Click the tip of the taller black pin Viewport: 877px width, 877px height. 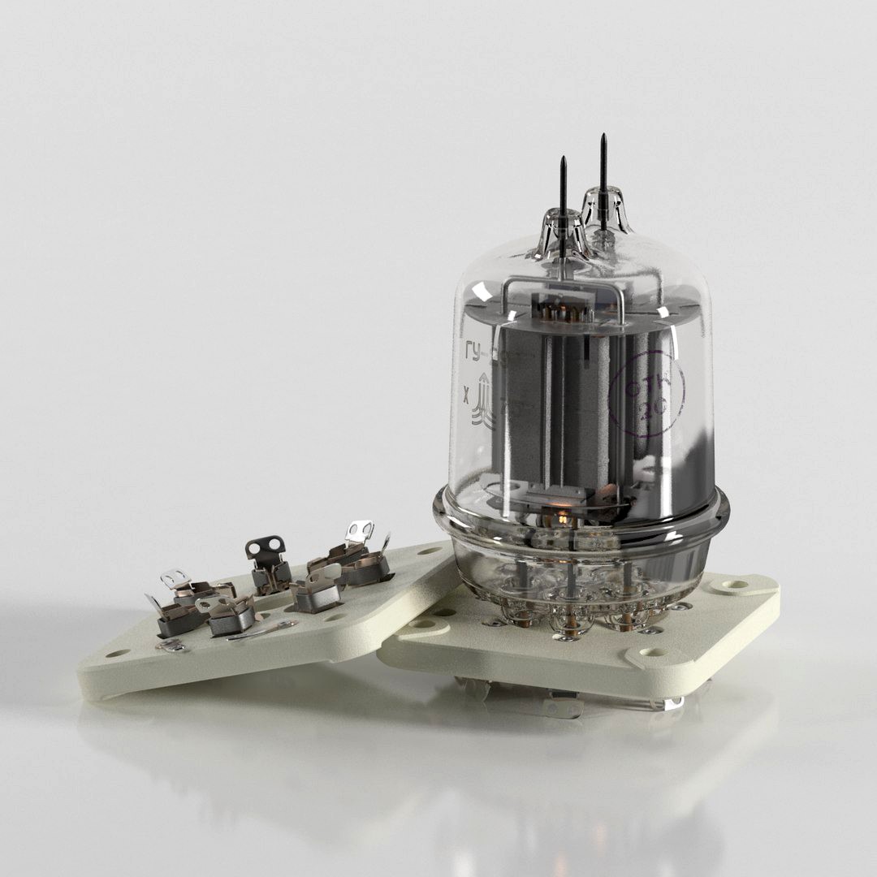pyautogui.click(x=603, y=137)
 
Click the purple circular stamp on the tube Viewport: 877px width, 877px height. pyautogui.click(x=646, y=398)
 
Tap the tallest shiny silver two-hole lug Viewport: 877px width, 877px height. pyautogui.click(x=359, y=532)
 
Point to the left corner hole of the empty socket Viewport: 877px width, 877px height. pyautogui.click(x=118, y=652)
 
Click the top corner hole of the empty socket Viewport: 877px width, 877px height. pyautogui.click(x=426, y=552)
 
